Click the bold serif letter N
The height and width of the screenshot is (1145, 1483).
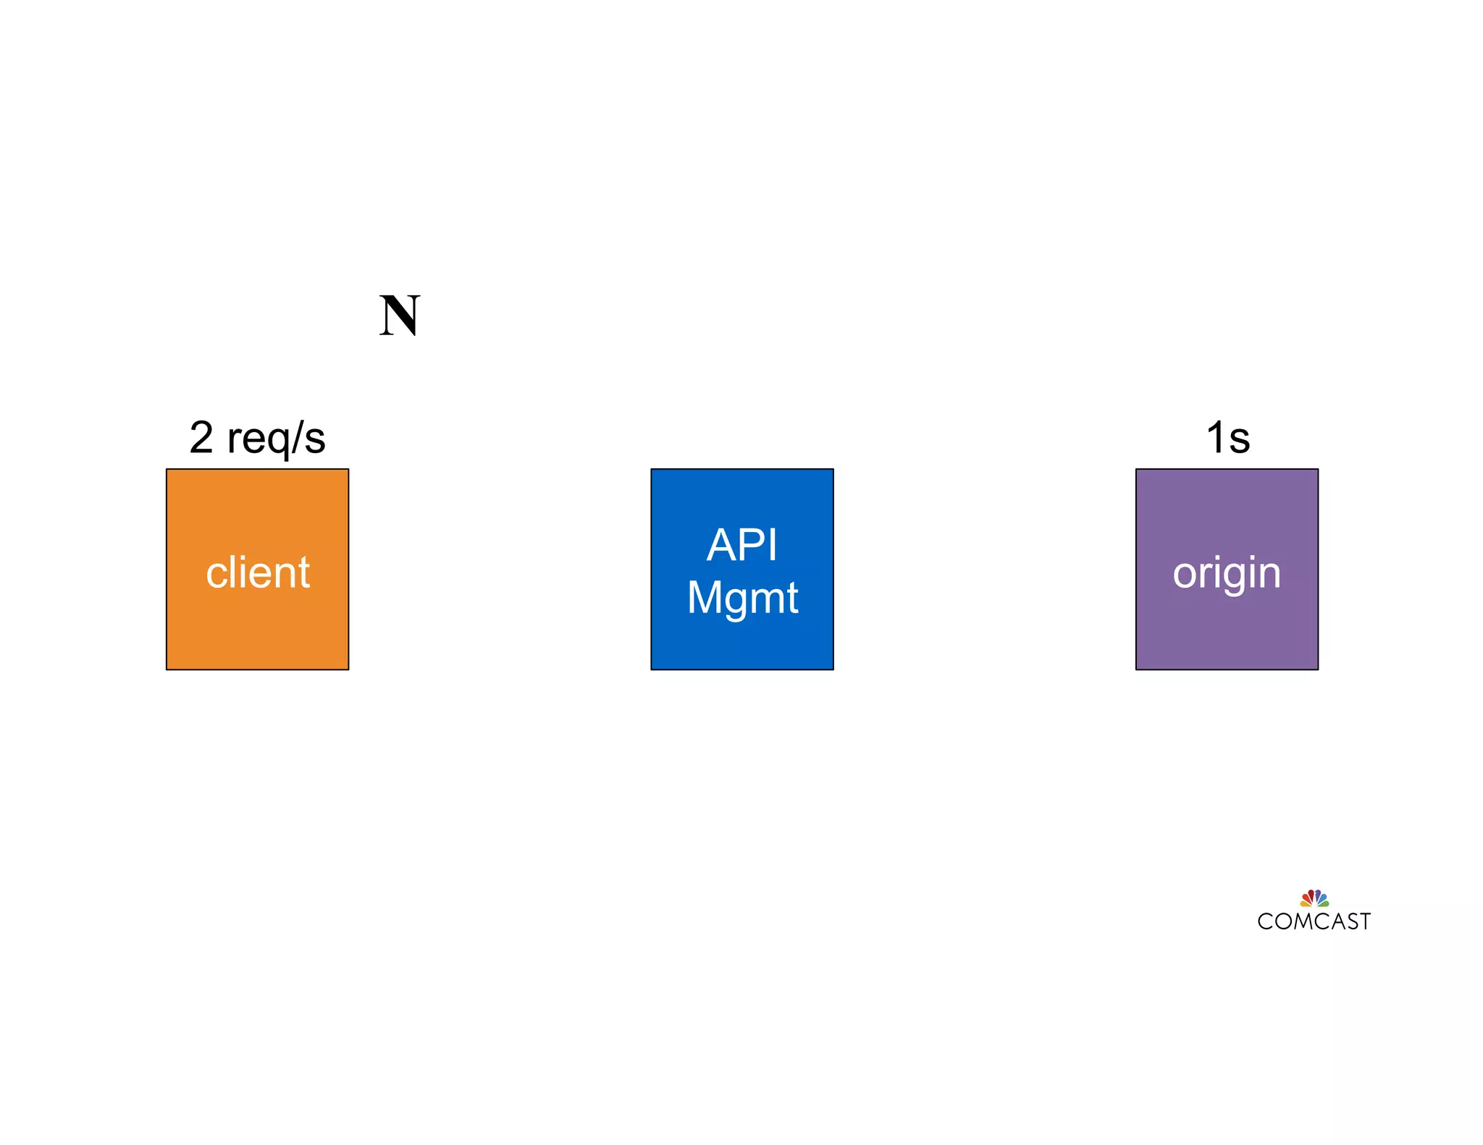(399, 316)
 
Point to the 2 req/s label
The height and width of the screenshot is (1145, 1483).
(257, 438)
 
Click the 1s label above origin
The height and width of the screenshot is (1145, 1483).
(1227, 438)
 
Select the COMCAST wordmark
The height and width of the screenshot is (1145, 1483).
(1314, 921)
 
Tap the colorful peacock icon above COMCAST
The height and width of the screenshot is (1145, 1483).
(1314, 898)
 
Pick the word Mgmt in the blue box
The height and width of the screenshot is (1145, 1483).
(741, 599)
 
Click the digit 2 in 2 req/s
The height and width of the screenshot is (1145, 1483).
(201, 437)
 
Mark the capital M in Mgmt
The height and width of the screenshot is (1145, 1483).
(704, 598)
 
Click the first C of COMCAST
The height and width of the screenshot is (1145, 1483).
(1265, 921)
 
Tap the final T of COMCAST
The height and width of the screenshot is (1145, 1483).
(1365, 921)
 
